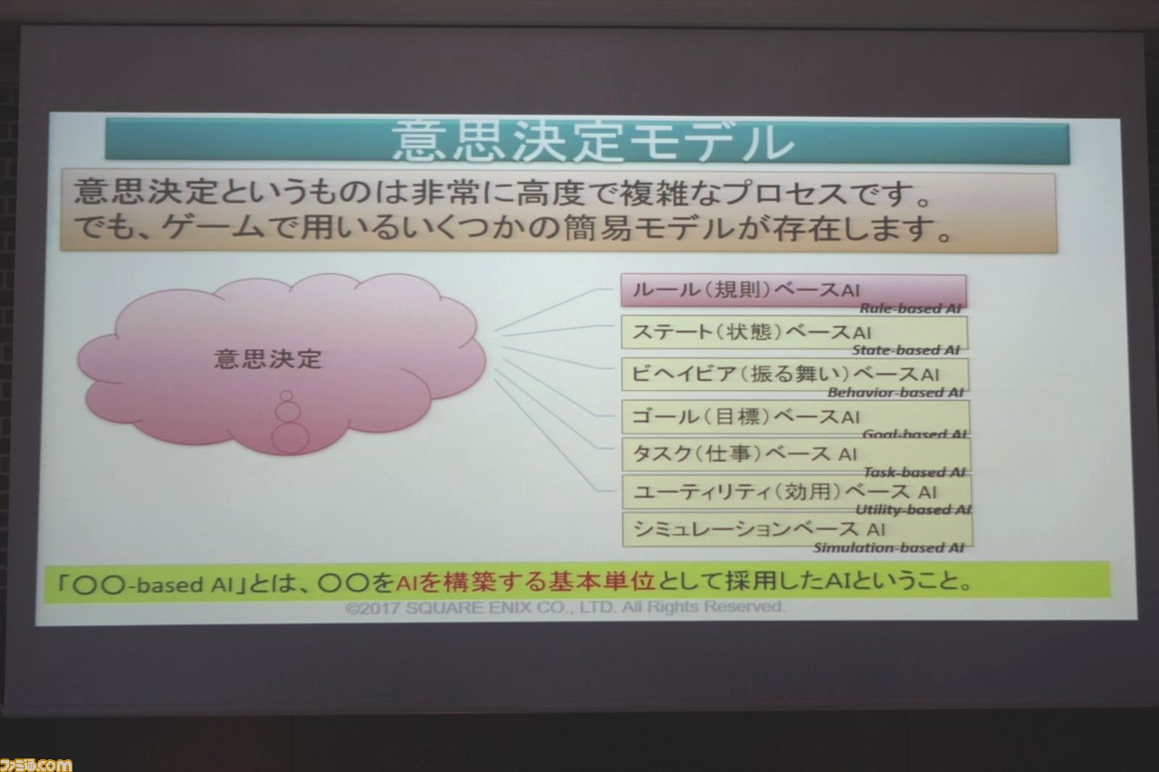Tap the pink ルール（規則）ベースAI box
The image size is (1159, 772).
coord(793,291)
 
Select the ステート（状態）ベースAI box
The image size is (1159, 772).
coord(794,332)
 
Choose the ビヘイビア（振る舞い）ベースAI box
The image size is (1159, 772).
coord(794,375)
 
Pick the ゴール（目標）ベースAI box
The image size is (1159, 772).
coord(795,416)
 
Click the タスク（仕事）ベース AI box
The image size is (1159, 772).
coord(795,454)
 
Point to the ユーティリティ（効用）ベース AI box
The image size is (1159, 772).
coord(796,491)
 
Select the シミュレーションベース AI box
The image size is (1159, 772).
coord(797,529)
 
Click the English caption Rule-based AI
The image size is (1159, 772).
coord(910,309)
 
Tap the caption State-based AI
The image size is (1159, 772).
coord(905,350)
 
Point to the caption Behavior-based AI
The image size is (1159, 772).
coord(896,393)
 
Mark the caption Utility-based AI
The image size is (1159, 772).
coord(914,510)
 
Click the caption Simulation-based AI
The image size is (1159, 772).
coord(888,548)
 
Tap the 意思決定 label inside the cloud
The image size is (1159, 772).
coord(268,359)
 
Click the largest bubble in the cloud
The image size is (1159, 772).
coord(291,438)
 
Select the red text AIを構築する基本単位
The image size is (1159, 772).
coord(526,582)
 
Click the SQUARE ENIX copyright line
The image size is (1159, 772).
coord(565,607)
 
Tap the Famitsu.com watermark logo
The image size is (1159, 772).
coord(35,764)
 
